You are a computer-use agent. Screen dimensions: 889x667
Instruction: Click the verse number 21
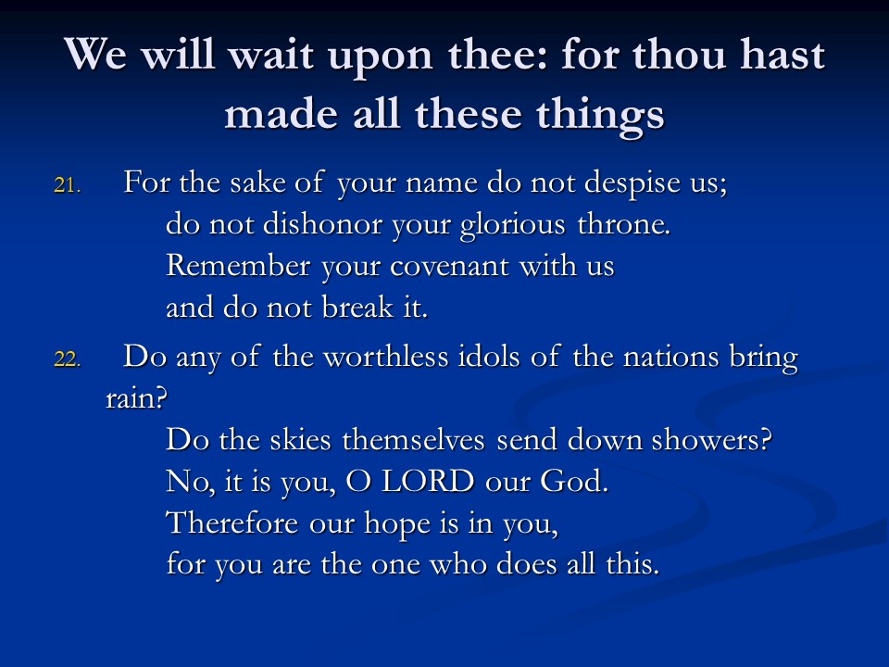point(68,185)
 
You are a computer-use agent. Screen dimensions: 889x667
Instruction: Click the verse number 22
point(68,359)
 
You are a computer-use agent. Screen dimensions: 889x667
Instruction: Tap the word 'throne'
point(623,224)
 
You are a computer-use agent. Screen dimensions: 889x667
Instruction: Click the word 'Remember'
point(238,266)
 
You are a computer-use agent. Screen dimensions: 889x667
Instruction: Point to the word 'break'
point(357,307)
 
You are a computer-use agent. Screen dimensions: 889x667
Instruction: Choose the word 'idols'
point(489,358)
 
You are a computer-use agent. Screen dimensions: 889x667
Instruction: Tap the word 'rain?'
point(137,398)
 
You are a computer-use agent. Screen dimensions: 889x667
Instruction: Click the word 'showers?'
point(711,439)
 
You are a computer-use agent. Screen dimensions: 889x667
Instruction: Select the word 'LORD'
point(428,482)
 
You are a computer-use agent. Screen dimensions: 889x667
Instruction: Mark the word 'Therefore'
point(232,522)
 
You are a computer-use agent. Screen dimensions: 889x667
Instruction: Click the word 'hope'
point(397,524)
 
